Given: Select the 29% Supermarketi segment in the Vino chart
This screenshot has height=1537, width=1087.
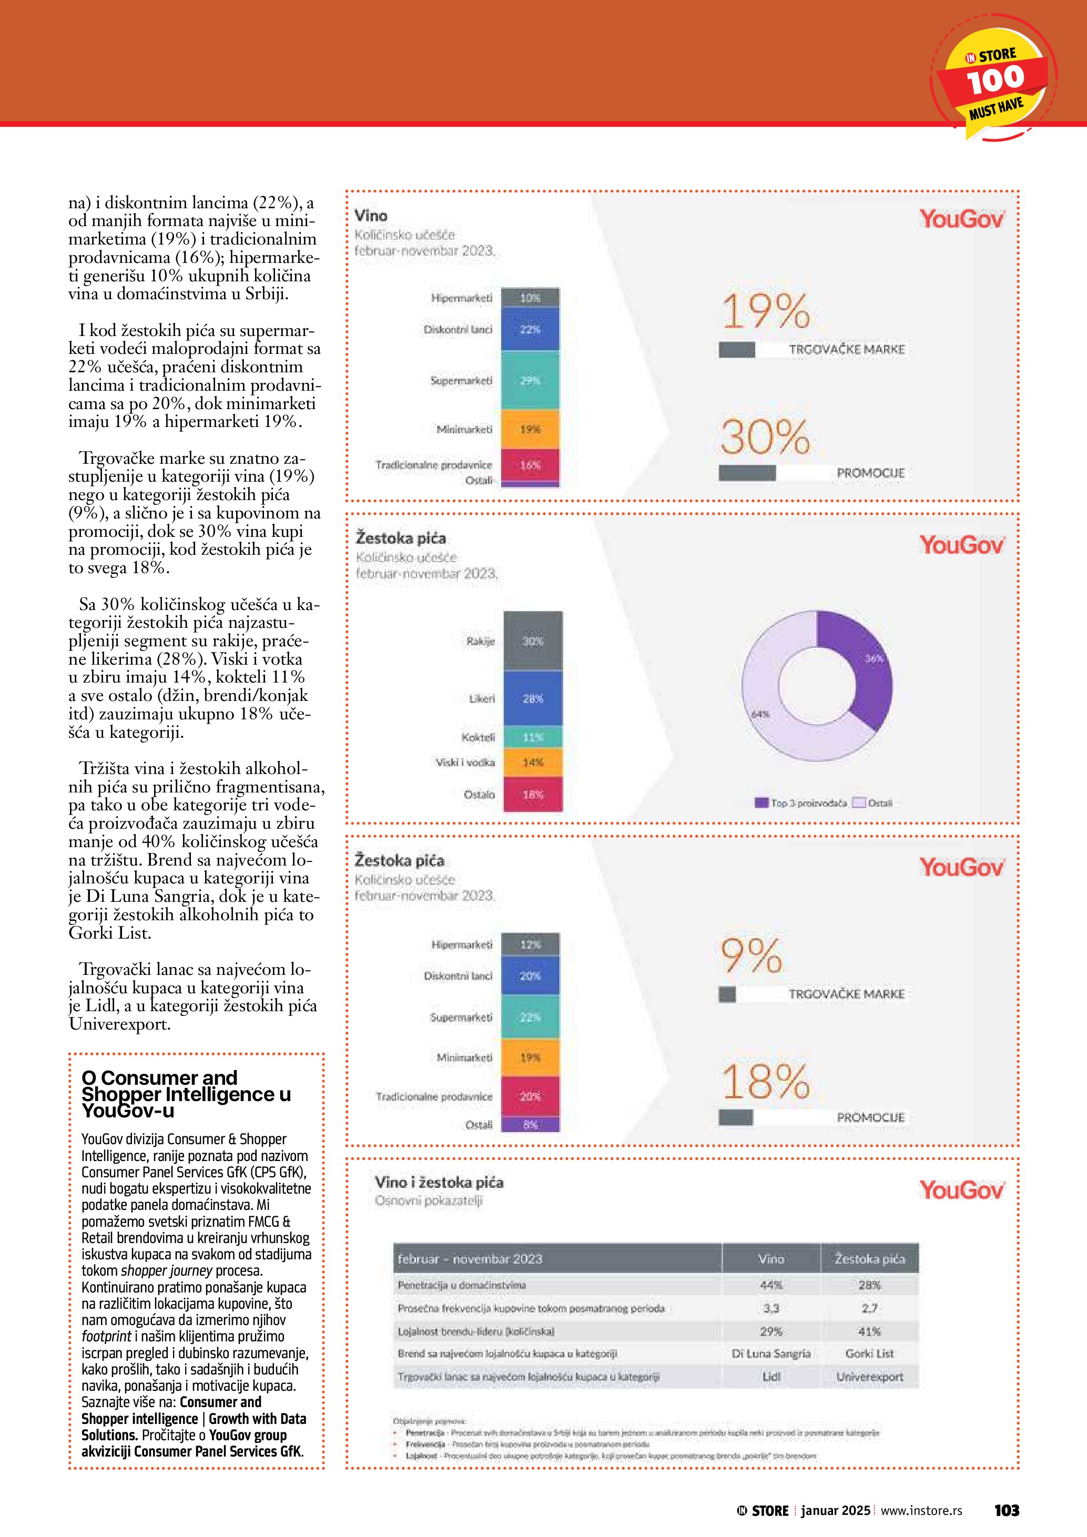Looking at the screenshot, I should pyautogui.click(x=530, y=380).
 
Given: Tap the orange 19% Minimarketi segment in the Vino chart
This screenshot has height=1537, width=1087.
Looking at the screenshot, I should pyautogui.click(x=530, y=429).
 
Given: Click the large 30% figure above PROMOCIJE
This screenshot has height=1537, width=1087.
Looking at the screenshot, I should pyautogui.click(x=765, y=437).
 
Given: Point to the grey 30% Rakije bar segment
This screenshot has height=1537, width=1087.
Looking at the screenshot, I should pyautogui.click(x=533, y=640).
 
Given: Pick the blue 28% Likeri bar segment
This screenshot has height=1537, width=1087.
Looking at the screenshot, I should pyautogui.click(x=533, y=698).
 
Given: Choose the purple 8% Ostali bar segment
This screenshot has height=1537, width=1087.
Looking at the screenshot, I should pyautogui.click(x=530, y=1125).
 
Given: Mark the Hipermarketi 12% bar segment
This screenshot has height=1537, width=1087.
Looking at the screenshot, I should pyautogui.click(x=530, y=944).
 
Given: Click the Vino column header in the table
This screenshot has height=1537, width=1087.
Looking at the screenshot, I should pyautogui.click(x=770, y=1258).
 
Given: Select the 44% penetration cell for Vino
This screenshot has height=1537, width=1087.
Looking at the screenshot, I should pyautogui.click(x=770, y=1285).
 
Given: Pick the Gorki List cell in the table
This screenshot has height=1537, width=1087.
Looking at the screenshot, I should pyautogui.click(x=869, y=1353).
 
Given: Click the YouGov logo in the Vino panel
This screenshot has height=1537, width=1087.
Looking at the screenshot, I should pyautogui.click(x=961, y=219).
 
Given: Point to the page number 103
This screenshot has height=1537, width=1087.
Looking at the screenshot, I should pyautogui.click(x=1006, y=1510).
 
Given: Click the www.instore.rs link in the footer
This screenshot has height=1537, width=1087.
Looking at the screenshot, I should pyautogui.click(x=921, y=1510).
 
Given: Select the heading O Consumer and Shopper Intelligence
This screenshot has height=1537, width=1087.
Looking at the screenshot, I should pyautogui.click(x=186, y=1093).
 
